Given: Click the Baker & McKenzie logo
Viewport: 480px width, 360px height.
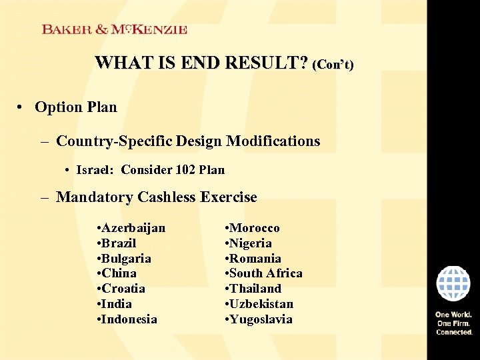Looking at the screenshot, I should [115, 29].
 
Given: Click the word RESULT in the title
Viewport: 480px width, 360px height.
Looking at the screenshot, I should [267, 63].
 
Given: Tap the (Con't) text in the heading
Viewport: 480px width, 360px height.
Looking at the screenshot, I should [333, 65].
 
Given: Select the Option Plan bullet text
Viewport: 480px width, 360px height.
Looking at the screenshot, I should [75, 107].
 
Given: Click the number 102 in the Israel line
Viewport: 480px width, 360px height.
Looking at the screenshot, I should [186, 169].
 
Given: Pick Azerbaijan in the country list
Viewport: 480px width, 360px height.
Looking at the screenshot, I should [133, 228].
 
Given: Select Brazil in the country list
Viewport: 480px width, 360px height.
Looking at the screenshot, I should [119, 243].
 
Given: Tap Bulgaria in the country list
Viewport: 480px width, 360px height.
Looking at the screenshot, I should [126, 258].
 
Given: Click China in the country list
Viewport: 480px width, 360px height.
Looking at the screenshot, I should [119, 273].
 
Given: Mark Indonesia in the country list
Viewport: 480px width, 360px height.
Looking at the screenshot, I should [129, 319].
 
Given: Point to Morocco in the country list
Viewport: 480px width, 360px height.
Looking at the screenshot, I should [255, 228].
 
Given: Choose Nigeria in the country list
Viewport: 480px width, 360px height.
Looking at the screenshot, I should [251, 243].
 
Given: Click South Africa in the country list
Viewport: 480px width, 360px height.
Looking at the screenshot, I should [266, 273].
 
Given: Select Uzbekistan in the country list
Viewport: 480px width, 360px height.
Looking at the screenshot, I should [261, 304].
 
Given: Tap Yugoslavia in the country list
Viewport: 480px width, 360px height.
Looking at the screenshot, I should [261, 319].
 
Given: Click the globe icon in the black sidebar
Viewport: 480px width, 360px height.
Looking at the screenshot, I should [453, 283].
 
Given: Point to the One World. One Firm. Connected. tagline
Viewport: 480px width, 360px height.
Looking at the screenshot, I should [454, 323].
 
